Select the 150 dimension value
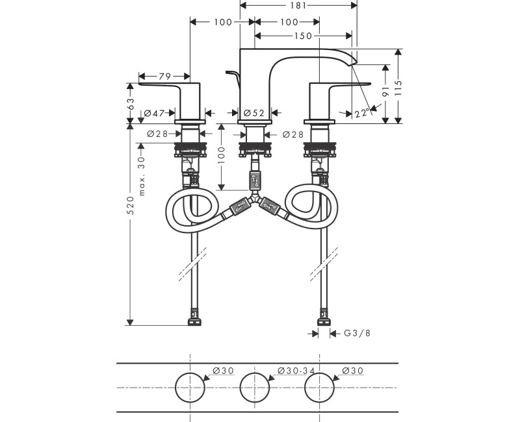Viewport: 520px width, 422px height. click(303, 36)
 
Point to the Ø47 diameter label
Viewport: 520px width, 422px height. click(154, 114)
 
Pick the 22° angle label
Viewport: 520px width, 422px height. click(362, 113)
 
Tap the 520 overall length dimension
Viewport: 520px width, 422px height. click(131, 206)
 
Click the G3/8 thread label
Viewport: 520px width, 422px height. click(357, 334)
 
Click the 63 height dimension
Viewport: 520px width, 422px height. click(131, 102)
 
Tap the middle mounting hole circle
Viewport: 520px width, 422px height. click(254, 387)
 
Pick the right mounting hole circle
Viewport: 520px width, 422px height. click(320, 387)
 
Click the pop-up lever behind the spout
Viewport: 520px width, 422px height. click(232, 77)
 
